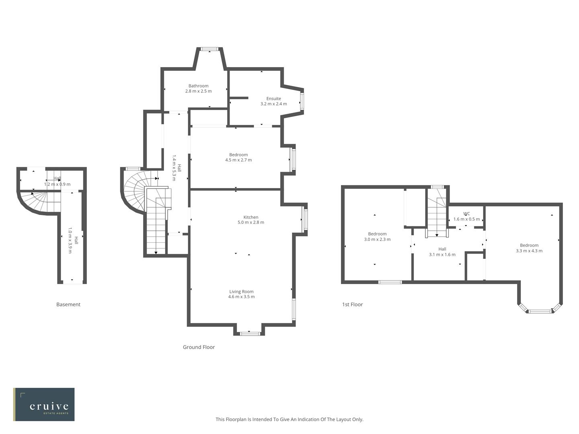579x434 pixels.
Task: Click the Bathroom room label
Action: (x=198, y=86)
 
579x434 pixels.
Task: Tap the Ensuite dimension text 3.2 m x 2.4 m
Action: (x=273, y=104)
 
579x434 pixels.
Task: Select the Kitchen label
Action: (x=250, y=217)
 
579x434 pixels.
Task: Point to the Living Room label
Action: (x=241, y=291)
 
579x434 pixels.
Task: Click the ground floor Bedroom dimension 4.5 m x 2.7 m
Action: (x=238, y=160)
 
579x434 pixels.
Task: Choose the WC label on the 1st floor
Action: (x=466, y=214)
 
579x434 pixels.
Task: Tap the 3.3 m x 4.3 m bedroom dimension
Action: (x=529, y=251)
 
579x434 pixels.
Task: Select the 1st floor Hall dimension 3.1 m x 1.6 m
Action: (x=442, y=254)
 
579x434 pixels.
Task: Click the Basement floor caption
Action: (x=68, y=305)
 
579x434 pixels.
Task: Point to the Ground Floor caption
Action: (x=199, y=347)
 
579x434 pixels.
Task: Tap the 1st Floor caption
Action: (x=352, y=305)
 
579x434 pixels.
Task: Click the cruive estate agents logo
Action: (x=44, y=404)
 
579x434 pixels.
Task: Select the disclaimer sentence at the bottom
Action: (x=289, y=419)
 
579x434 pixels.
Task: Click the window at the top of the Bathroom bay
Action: (x=209, y=49)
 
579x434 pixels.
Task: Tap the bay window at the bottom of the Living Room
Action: (x=249, y=333)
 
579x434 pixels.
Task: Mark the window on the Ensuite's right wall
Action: (x=302, y=101)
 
